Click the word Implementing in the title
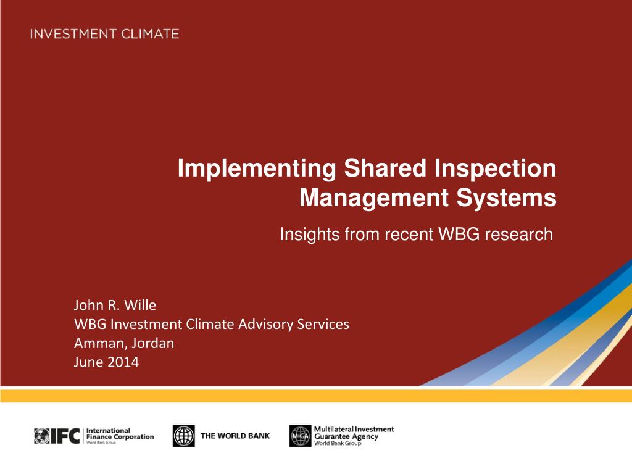coord(257,168)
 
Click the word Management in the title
coord(374,198)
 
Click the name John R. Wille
coord(115,305)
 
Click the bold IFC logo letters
coord(65,436)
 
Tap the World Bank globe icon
coord(184,436)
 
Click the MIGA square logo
coord(301,436)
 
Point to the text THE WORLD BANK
coord(235,436)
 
